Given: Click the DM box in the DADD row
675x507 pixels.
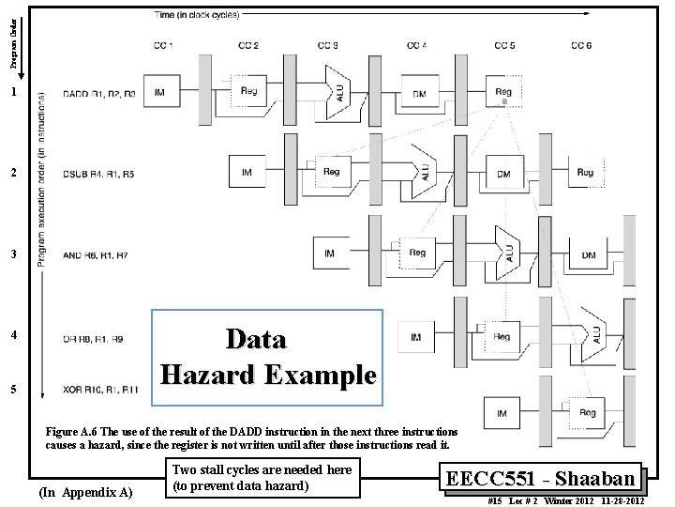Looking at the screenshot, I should pyautogui.click(x=417, y=93).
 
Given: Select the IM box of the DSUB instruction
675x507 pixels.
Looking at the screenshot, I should pyautogui.click(x=246, y=172).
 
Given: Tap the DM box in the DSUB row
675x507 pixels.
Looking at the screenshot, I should pyautogui.click(x=503, y=173).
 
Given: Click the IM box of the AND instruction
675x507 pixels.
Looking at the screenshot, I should pyautogui.click(x=330, y=253).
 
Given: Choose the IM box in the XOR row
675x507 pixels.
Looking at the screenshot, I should pyautogui.click(x=502, y=412).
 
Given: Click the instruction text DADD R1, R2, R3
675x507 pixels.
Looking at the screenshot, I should pyautogui.click(x=97, y=94).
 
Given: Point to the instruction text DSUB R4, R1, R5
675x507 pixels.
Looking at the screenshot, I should pyautogui.click(x=97, y=174).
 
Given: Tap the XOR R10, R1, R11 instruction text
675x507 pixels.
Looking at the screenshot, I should pyautogui.click(x=100, y=388).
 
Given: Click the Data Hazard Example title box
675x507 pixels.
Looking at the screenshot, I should pyautogui.click(x=268, y=356).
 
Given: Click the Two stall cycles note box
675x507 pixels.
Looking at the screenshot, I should pyautogui.click(x=262, y=479).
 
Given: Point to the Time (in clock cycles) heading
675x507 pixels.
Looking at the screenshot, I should pyautogui.click(x=197, y=14).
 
